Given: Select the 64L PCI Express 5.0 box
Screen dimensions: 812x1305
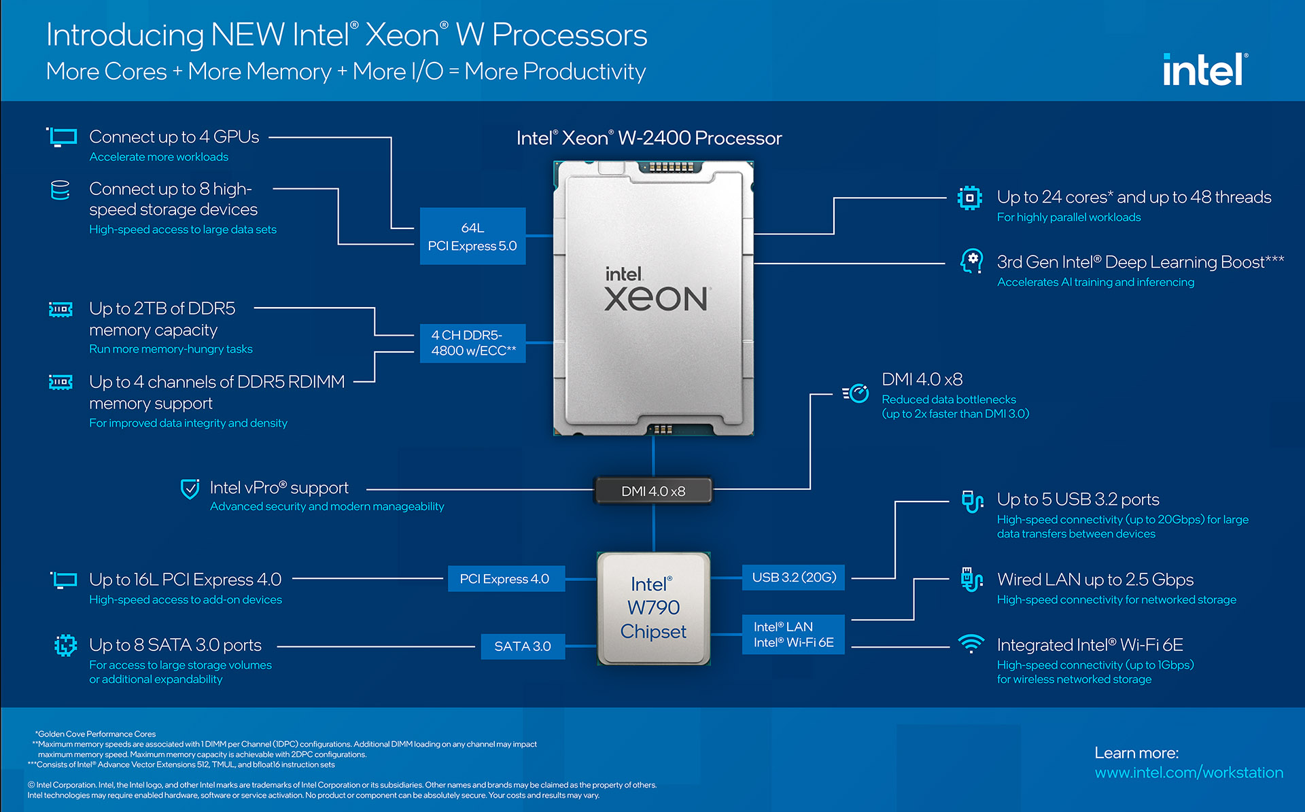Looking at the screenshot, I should (x=472, y=236).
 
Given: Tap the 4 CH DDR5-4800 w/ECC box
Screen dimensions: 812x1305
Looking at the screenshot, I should (x=472, y=343).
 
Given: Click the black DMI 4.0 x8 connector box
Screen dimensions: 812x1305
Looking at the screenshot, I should (x=653, y=491).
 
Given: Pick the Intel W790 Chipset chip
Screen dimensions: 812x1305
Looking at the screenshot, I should (x=653, y=608).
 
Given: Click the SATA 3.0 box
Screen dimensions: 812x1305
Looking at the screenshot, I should (x=523, y=646).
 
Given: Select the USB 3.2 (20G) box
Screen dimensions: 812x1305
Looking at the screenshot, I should (x=793, y=578).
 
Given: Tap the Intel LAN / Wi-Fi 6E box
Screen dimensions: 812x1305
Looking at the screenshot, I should (x=793, y=635).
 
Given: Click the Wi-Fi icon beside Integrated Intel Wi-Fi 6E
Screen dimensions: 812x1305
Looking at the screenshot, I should (x=971, y=643).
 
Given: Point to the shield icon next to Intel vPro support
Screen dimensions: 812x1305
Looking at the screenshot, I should (x=190, y=489).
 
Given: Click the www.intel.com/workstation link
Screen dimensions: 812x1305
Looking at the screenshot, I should (x=1189, y=773).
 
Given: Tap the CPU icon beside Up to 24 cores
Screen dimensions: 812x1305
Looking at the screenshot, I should (x=969, y=198).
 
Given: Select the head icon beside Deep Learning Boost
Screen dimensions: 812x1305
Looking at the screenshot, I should (x=971, y=262).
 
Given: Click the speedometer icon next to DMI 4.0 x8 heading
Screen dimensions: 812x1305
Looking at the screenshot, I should (x=856, y=393).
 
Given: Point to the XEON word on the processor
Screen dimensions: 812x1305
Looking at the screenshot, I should (x=656, y=300).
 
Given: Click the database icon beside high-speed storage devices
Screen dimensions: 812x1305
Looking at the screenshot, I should (x=60, y=190).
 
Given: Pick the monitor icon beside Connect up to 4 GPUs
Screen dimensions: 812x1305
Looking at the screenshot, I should (x=63, y=137).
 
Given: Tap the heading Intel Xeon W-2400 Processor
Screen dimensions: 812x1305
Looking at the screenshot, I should (x=649, y=139).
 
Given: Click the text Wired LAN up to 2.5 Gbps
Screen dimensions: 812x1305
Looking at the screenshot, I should (x=1095, y=580).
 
